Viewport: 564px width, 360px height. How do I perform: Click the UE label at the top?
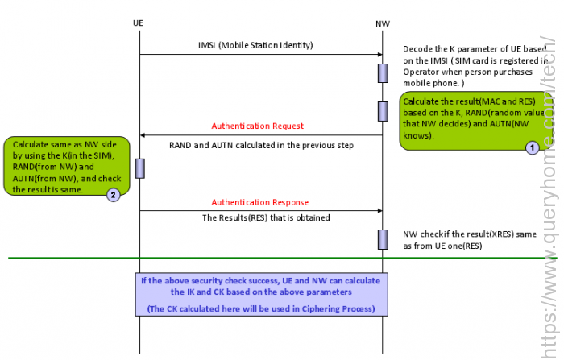click(138, 23)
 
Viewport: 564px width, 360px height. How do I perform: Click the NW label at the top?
click(383, 23)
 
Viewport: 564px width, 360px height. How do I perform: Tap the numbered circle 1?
click(532, 147)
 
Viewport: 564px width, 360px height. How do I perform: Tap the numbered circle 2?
click(113, 195)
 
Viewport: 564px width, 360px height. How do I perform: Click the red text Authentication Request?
click(258, 126)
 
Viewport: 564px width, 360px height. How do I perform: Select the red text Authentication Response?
click(260, 202)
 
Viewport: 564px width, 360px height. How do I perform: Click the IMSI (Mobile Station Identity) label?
click(255, 45)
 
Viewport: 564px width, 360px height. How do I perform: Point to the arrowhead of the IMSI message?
click(380, 54)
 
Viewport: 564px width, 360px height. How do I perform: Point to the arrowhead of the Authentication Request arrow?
click(142, 135)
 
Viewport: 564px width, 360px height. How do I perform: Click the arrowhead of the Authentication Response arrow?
click(380, 211)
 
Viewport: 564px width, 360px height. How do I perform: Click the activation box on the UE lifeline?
click(140, 168)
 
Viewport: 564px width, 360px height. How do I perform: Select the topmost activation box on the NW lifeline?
click(383, 73)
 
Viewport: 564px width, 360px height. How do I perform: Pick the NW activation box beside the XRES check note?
click(383, 239)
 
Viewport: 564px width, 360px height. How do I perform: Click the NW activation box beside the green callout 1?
click(383, 111)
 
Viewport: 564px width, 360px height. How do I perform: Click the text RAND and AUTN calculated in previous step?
click(262, 145)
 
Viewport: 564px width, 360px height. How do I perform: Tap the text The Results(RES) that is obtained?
click(266, 217)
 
